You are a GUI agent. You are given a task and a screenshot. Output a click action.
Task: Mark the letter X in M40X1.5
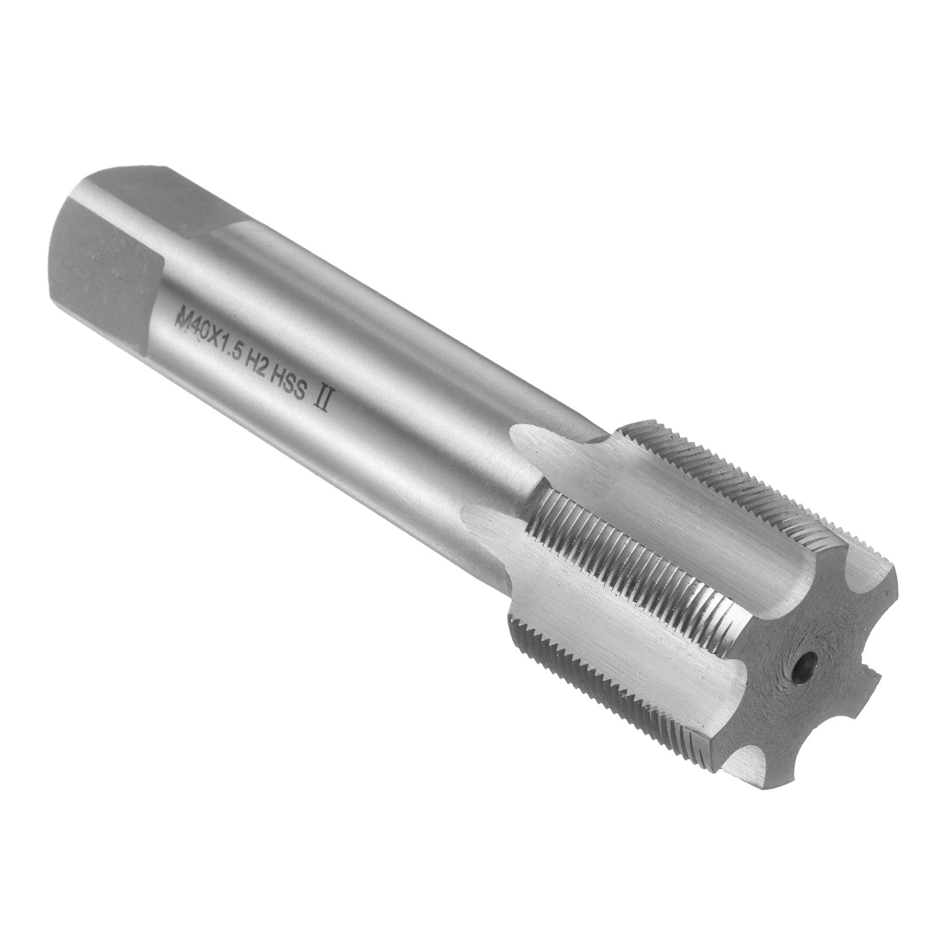[x=208, y=342]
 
